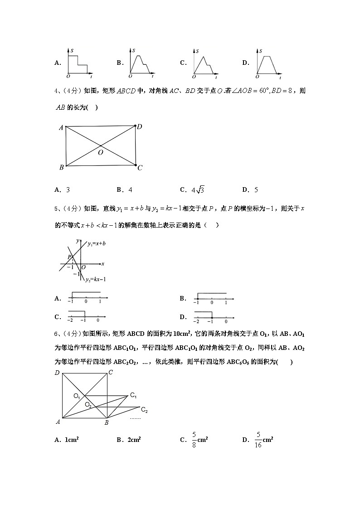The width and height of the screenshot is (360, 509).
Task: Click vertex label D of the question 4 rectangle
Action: (140, 127)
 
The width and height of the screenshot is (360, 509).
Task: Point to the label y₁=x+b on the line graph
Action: (97, 244)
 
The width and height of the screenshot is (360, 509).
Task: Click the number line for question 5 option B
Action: (213, 298)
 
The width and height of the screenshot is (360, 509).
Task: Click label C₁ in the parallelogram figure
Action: (133, 395)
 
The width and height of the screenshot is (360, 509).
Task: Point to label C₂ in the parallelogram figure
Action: (144, 410)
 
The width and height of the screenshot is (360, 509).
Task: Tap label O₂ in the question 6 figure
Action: (88, 405)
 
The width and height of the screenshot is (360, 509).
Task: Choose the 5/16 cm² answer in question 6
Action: (263, 440)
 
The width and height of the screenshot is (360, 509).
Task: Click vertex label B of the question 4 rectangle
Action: (61, 168)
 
